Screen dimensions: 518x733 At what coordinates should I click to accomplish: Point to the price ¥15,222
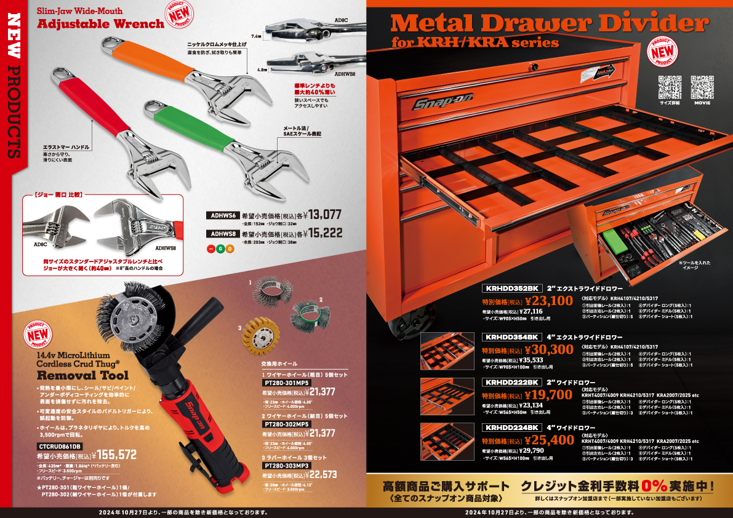pos(324,233)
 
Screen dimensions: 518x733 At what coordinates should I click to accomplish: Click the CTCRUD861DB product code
pos(60,446)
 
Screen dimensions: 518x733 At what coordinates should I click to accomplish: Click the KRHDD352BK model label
pos(512,287)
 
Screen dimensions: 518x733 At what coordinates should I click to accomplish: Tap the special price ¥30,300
pos(550,349)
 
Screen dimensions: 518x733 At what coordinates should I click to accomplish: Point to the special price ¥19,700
pos(550,394)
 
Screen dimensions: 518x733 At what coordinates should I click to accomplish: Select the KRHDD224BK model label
pos(512,428)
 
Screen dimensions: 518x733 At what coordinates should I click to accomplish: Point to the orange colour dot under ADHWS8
pos(230,249)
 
